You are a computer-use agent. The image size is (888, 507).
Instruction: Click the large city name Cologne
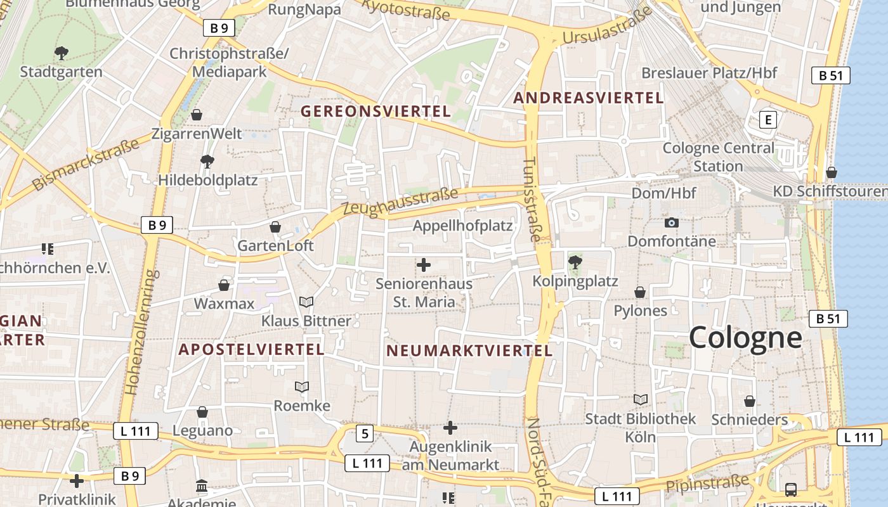[x=745, y=337]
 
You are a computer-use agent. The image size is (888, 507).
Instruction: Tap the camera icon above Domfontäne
[x=671, y=222]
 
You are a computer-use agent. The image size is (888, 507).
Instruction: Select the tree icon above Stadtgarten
[x=61, y=53]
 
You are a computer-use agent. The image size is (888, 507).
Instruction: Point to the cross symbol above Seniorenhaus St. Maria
[x=424, y=265]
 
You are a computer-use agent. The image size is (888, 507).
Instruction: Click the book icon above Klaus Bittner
[x=306, y=302]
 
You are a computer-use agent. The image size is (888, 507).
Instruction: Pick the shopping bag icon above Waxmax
[x=224, y=285]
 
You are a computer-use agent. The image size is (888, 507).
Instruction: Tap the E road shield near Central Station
[x=769, y=119]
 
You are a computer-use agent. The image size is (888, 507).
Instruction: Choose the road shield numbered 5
[x=364, y=433]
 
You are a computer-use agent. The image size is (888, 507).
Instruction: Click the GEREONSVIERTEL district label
[x=375, y=112]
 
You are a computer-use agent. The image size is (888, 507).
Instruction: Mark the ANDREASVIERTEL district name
[x=589, y=98]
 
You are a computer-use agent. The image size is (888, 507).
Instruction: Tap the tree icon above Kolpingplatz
[x=575, y=261]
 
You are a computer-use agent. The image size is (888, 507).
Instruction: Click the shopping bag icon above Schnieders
[x=750, y=401]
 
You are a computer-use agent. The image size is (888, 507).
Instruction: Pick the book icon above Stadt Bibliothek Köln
[x=641, y=399]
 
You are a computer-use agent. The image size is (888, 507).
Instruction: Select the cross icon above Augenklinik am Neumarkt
[x=450, y=428]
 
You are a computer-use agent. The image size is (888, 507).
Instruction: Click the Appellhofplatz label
[x=462, y=226]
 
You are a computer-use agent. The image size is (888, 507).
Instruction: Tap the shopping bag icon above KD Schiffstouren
[x=831, y=172]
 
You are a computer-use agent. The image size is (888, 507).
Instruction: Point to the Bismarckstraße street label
[x=86, y=165]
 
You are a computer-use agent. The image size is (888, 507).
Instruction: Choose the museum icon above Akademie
[x=202, y=486]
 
